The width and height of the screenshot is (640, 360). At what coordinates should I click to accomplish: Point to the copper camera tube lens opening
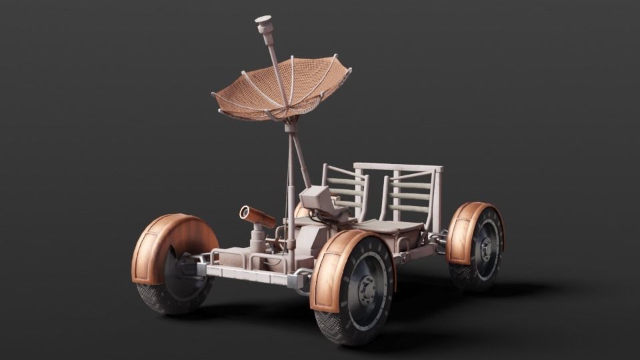click(244, 213)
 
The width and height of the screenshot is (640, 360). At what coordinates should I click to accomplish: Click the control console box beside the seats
click(315, 198)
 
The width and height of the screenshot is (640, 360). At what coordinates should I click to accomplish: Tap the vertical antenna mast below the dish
click(291, 173)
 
